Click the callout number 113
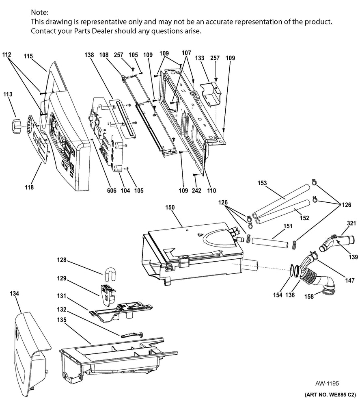pos(8,94)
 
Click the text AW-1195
pos(327,383)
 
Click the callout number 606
pos(111,190)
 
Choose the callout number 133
pos(199,58)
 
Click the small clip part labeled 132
pos(131,334)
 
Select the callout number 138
pos(90,54)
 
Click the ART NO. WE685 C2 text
pos(330,394)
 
